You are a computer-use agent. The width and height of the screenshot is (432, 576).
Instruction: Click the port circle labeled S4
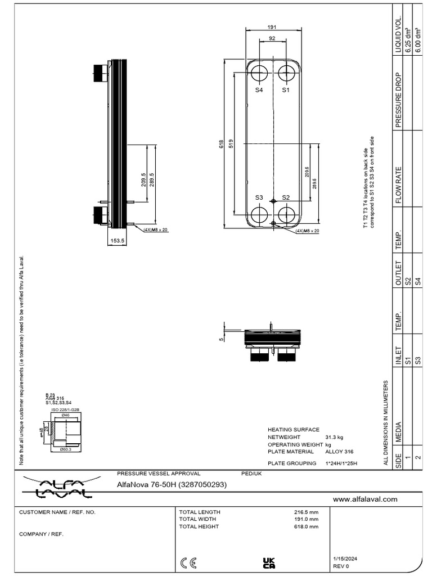[259, 73]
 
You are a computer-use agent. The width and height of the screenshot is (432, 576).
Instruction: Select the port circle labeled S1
[286, 73]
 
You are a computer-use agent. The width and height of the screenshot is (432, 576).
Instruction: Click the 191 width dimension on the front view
[272, 26]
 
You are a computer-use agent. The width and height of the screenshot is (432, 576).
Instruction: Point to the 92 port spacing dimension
[272, 39]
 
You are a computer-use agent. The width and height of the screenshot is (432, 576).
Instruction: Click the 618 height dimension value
[222, 143]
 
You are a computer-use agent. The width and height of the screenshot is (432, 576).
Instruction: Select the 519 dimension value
[231, 143]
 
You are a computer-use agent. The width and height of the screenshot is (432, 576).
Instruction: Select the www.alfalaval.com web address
[365, 499]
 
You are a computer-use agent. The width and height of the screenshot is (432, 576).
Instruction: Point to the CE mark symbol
[188, 562]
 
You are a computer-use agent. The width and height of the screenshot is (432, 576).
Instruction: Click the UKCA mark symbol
[269, 562]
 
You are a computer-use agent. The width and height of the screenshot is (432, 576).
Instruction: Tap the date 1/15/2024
[345, 558]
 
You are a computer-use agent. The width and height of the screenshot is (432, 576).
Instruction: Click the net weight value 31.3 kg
[334, 436]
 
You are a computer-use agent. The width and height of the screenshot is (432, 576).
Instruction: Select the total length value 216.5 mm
[306, 512]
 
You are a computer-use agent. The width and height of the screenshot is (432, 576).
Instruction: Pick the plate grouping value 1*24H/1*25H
[341, 463]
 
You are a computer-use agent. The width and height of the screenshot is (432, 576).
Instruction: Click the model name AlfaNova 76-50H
[171, 484]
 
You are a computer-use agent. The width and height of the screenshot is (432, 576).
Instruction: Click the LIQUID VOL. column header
[398, 34]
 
